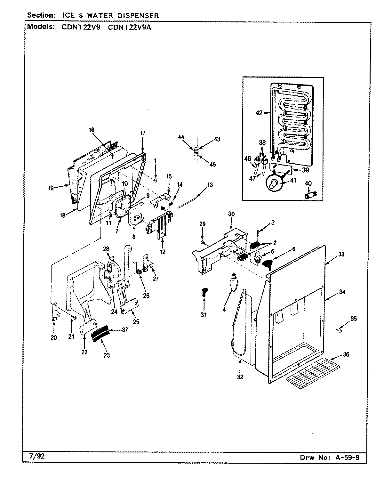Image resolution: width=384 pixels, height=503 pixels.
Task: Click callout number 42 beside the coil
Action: [x=259, y=113]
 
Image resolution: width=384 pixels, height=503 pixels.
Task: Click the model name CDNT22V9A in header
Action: [x=130, y=27]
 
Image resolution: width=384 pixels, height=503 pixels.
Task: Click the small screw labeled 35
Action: [x=340, y=331]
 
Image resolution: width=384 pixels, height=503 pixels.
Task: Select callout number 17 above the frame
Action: [x=143, y=133]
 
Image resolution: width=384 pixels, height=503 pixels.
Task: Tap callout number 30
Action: [x=231, y=214]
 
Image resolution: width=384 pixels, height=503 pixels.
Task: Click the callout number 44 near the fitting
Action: [x=181, y=137]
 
